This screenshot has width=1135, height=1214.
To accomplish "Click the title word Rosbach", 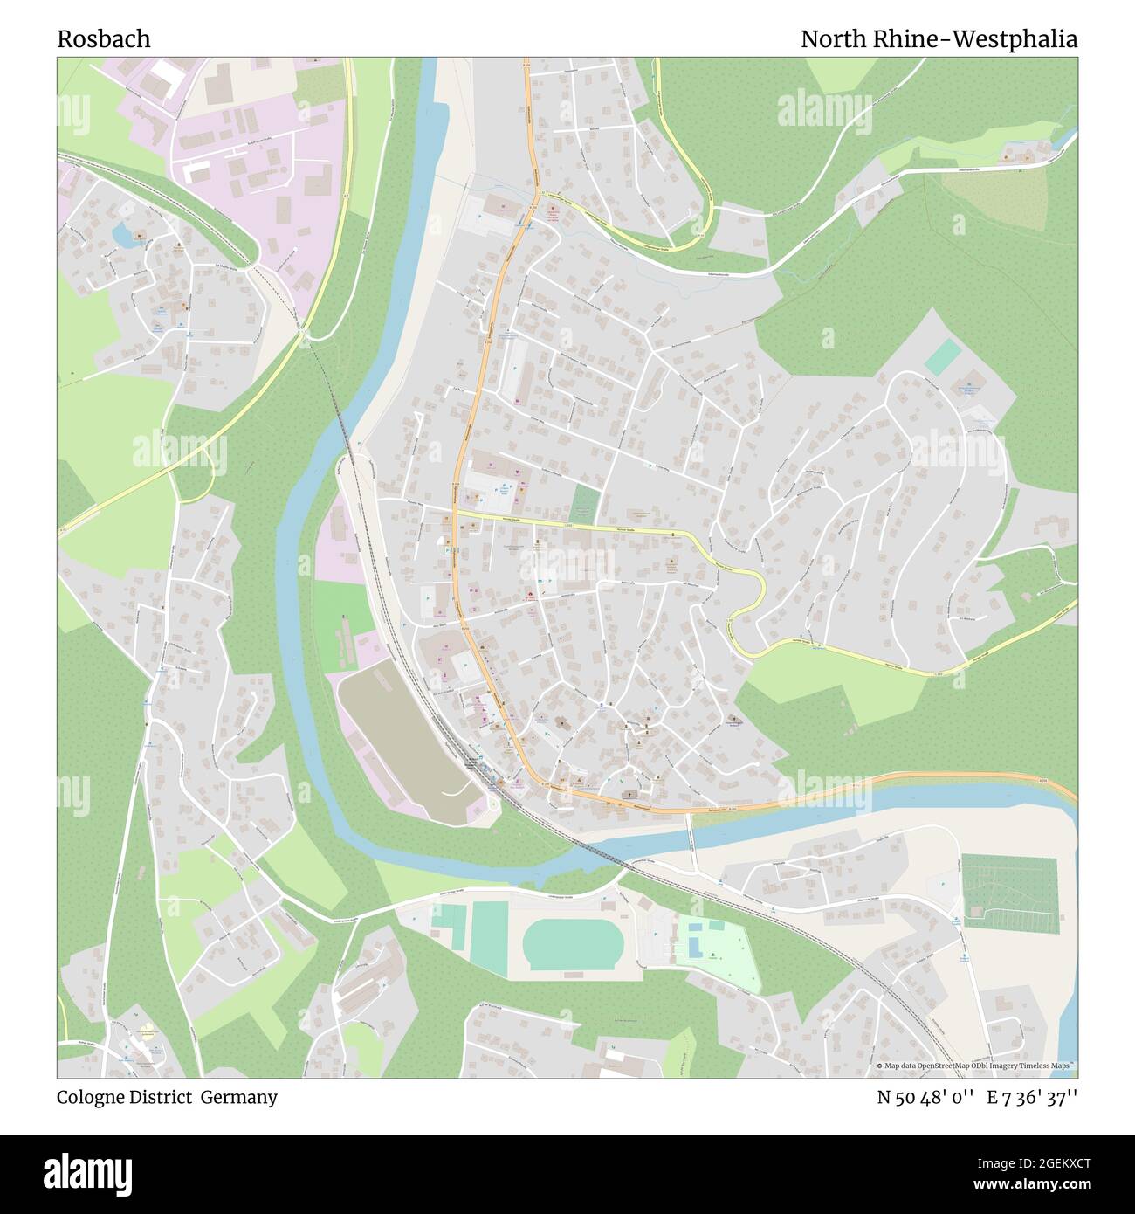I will [104, 39].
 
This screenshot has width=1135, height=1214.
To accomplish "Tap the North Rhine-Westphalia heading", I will [939, 39].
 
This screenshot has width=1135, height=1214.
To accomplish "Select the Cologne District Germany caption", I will [168, 1097].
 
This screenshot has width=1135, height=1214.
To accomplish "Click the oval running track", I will [572, 945].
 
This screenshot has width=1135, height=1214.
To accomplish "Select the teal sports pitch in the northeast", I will [943, 358].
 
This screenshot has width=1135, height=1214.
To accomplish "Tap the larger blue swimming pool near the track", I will [695, 946].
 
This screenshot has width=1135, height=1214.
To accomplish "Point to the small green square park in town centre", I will [586, 504].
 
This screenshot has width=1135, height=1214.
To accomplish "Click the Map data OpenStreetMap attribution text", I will [973, 1066].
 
